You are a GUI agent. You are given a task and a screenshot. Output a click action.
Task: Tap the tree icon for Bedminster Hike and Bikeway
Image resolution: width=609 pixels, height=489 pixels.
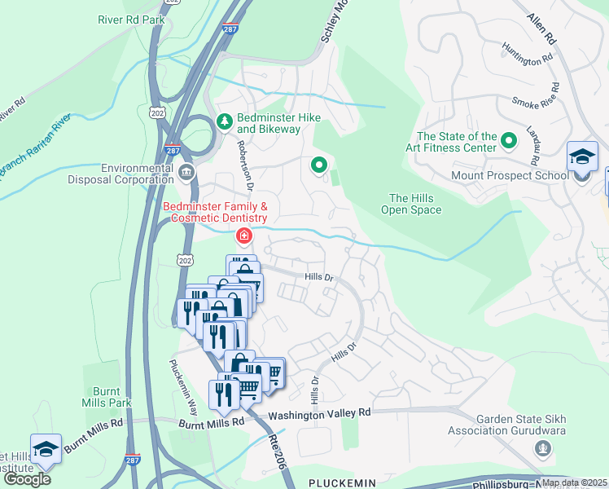pos(225,122)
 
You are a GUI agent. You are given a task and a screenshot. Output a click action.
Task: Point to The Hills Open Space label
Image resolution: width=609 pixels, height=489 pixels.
pos(411,204)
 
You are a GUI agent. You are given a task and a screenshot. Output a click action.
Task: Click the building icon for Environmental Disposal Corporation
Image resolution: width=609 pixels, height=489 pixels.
pos(186,172)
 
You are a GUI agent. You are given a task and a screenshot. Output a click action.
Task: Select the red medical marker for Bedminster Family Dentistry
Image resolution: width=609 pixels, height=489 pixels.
pos(243,236)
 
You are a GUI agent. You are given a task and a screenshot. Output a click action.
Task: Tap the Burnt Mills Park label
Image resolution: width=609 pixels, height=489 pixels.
pos(107,397)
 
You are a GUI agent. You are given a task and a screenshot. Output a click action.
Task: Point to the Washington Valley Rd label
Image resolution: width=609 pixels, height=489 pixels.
pos(319,413)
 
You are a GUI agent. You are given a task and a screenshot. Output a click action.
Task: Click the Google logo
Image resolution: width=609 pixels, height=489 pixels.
pos(27,479)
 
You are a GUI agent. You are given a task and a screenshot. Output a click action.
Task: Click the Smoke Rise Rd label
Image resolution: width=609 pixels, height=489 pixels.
pos(532,102)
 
